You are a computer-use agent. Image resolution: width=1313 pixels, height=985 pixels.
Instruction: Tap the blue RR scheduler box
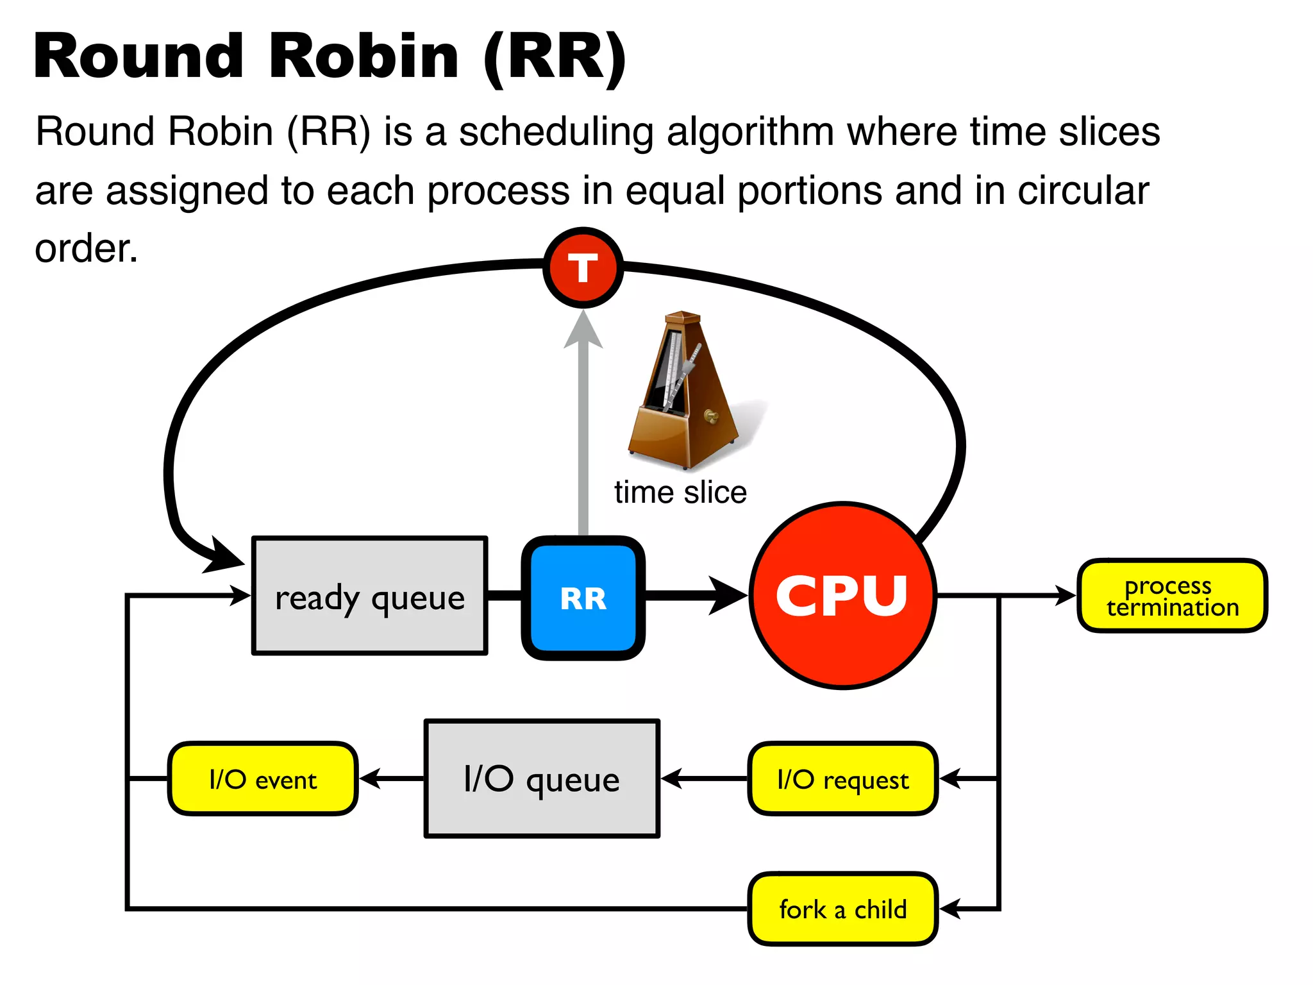[583, 598]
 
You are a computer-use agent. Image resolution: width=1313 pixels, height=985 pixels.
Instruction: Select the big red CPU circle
[842, 595]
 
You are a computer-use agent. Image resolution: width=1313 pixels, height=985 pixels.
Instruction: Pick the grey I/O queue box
[542, 779]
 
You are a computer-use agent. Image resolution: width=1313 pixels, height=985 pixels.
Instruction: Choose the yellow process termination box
[1172, 596]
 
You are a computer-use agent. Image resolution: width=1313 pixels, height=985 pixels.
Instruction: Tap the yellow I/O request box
[842, 779]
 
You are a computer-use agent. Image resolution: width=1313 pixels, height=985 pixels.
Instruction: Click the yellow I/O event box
[262, 779]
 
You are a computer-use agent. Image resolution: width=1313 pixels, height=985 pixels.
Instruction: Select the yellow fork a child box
[842, 909]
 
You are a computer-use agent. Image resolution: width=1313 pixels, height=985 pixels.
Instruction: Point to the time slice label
[680, 492]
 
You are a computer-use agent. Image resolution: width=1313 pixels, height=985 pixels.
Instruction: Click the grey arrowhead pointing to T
[583, 330]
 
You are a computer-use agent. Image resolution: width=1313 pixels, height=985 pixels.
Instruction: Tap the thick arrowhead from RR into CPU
[728, 596]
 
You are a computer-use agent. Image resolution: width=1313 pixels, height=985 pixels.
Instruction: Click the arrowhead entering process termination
[1066, 596]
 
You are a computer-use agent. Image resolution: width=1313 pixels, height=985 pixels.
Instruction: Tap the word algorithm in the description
[750, 131]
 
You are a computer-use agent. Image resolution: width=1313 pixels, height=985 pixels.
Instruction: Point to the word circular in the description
[1083, 190]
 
